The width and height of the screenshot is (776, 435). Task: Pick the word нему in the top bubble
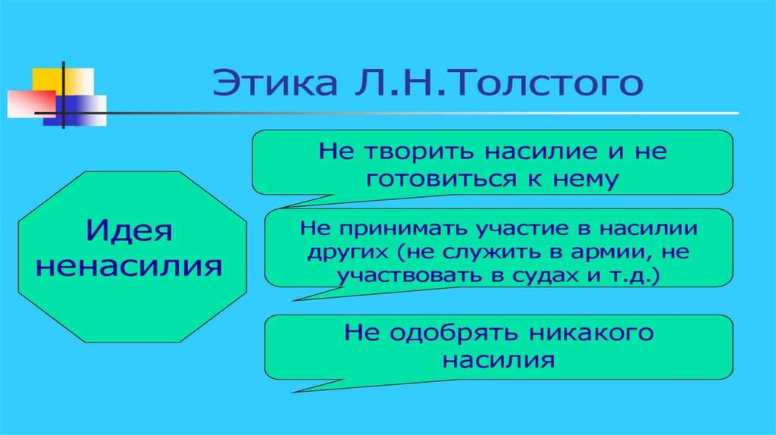point(590,179)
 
